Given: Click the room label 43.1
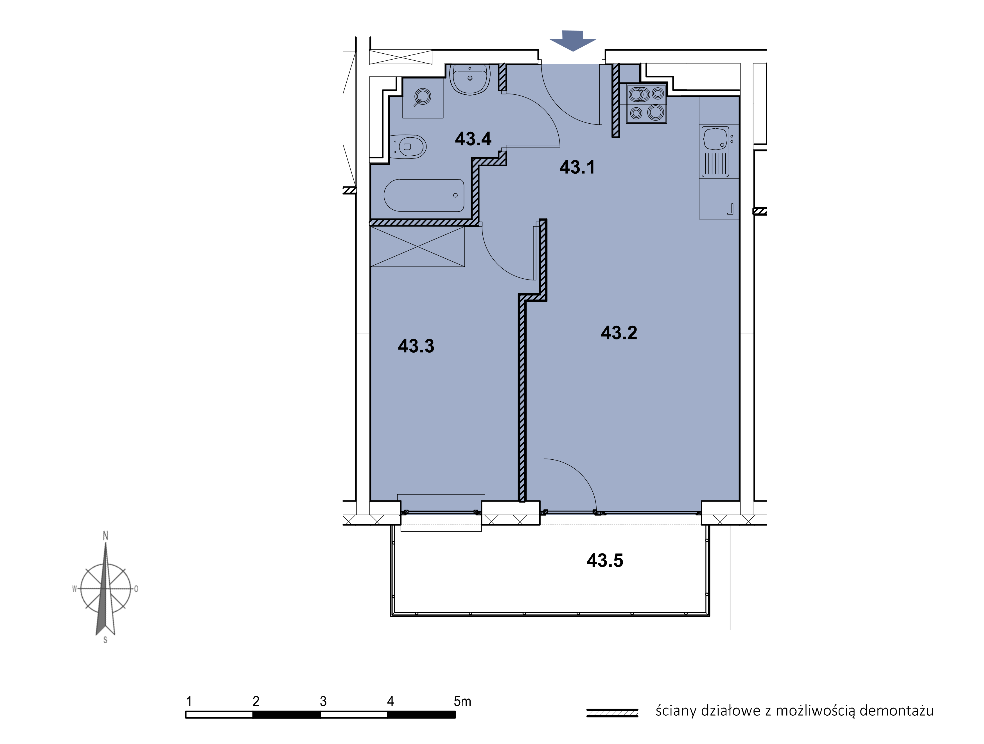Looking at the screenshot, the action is click(x=577, y=167).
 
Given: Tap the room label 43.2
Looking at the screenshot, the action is click(x=619, y=332).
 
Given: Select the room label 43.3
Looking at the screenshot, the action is click(x=416, y=346).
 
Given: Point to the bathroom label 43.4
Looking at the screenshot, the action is click(x=473, y=139).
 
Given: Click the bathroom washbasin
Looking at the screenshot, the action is click(x=470, y=79).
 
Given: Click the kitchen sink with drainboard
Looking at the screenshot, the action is click(x=715, y=151).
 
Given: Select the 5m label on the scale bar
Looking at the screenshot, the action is click(x=462, y=701).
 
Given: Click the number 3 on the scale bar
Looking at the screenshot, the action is click(x=323, y=701).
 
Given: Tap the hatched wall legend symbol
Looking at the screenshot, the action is click(x=612, y=713).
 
